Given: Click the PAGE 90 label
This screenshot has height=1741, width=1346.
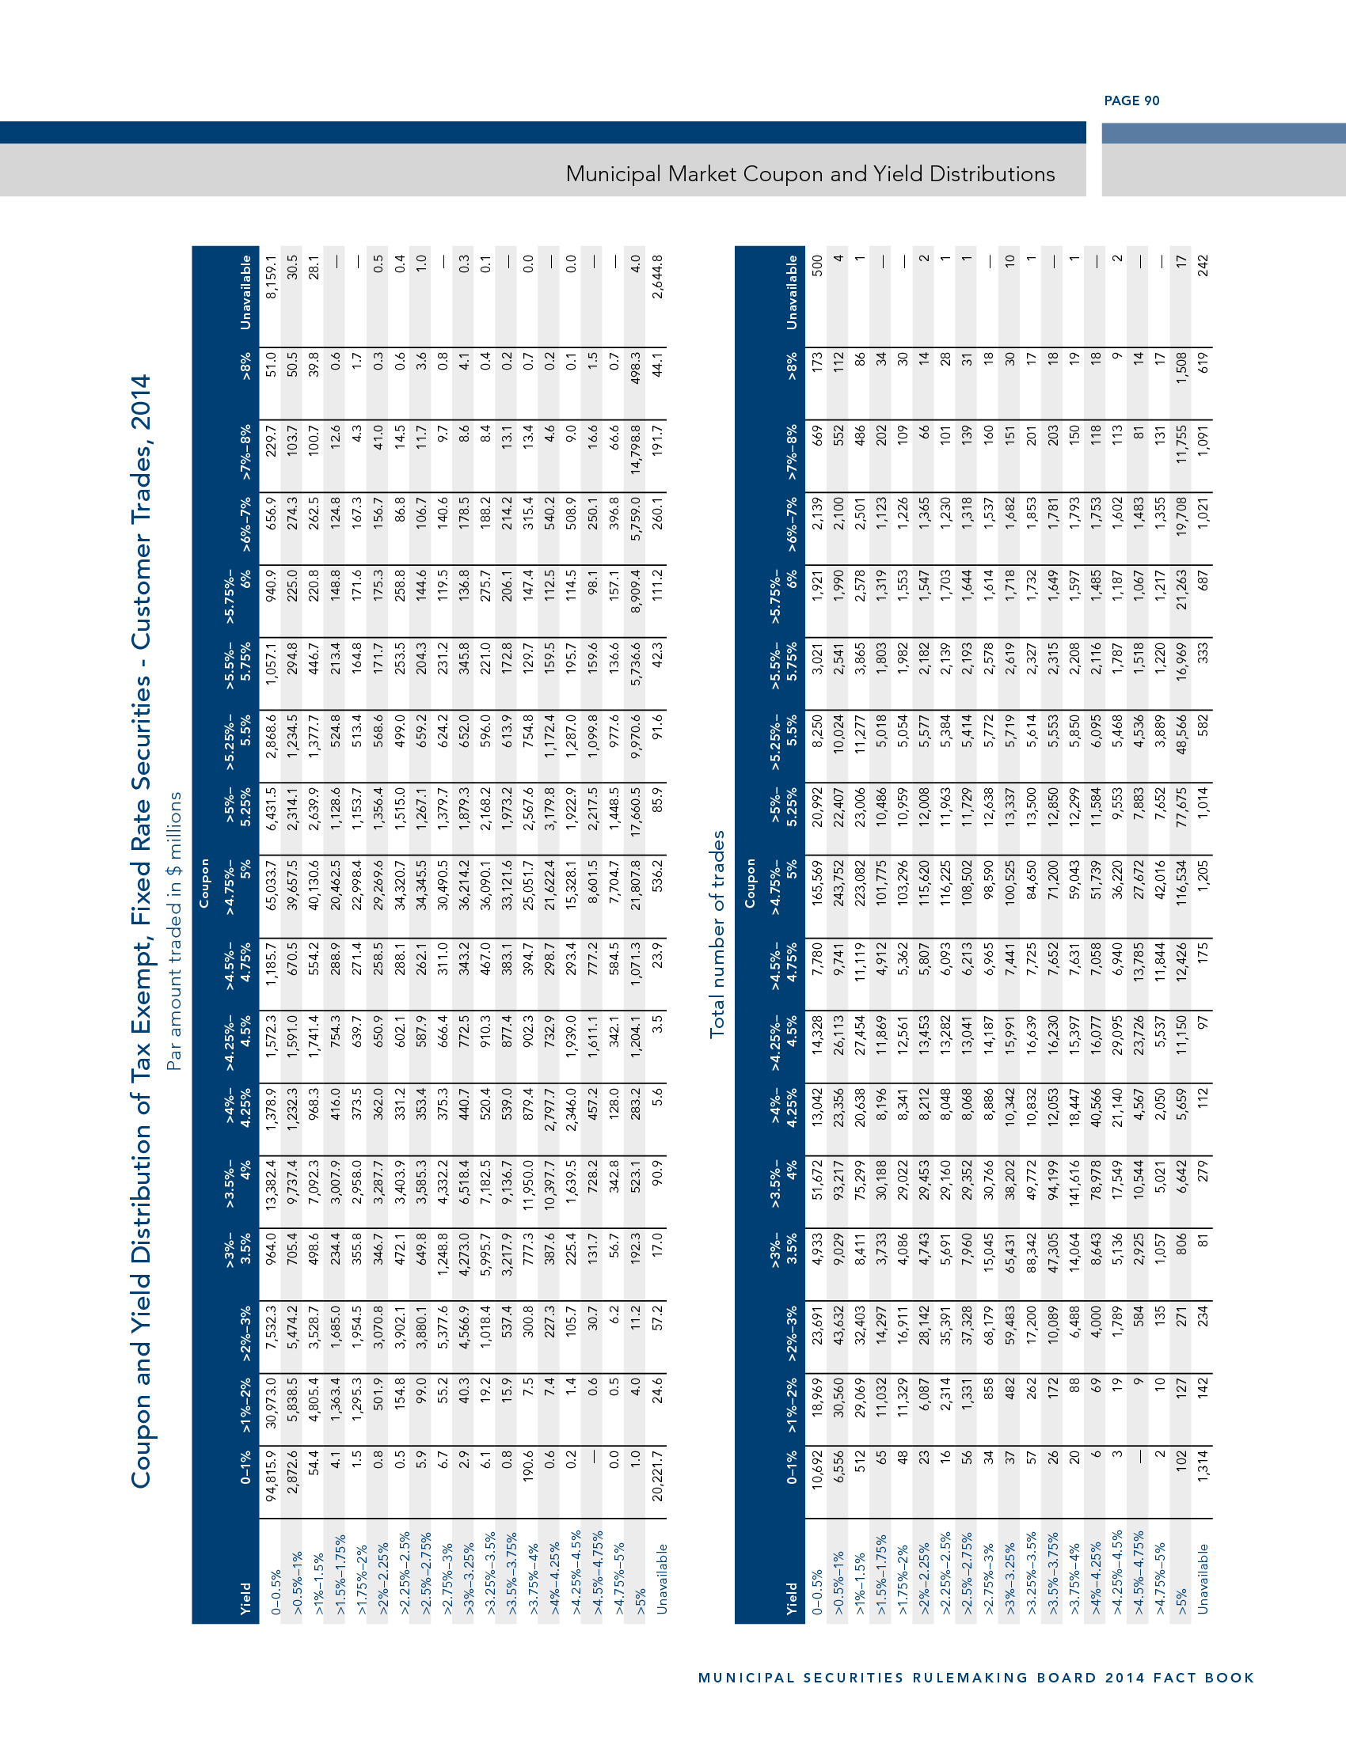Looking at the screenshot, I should tap(1131, 101).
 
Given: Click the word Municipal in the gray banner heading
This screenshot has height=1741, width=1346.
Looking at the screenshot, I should tap(613, 174).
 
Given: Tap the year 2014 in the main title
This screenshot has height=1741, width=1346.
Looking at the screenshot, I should tap(140, 403).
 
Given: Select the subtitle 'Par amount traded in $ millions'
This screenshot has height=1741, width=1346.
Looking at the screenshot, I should tap(174, 931).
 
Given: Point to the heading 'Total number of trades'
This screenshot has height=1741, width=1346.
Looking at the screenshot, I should tap(717, 934).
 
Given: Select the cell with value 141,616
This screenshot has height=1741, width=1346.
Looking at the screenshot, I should tap(1074, 1186).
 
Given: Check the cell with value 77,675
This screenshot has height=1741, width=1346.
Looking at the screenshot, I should tap(1181, 820).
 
